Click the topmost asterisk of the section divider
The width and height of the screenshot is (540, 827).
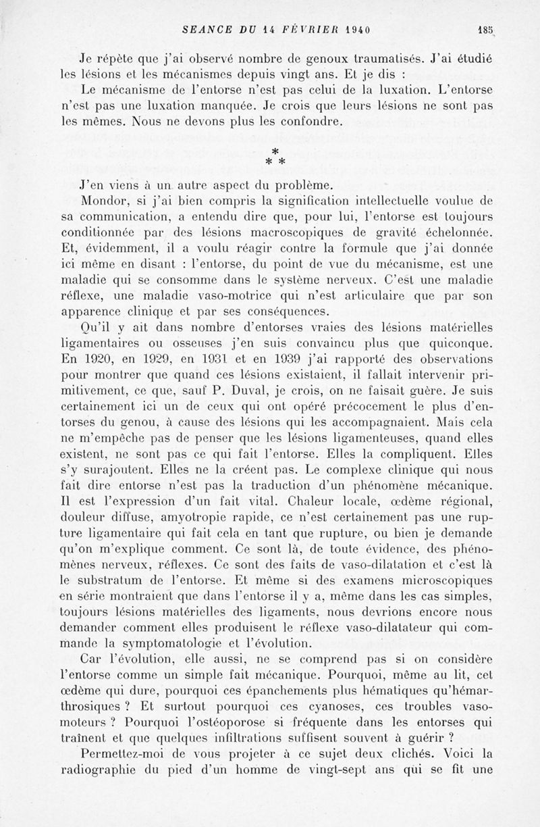[275, 150]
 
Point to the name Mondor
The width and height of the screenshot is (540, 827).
[100, 201]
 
